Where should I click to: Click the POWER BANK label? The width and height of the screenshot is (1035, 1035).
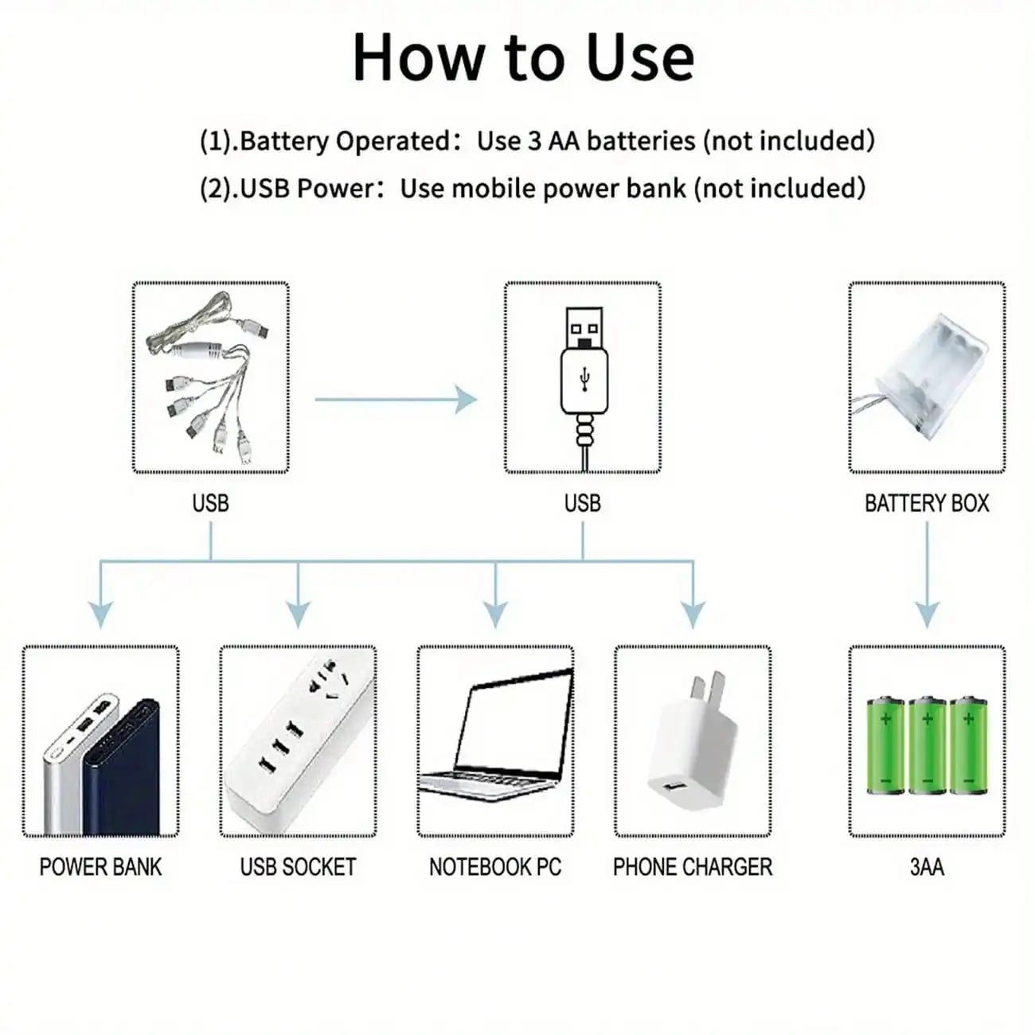[x=100, y=867]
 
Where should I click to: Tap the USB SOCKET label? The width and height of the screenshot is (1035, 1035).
[x=298, y=867]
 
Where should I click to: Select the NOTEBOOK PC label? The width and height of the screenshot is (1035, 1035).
[x=495, y=867]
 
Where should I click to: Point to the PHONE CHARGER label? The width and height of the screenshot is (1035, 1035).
[x=693, y=867]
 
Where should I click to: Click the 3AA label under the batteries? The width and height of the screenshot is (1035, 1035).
[x=927, y=867]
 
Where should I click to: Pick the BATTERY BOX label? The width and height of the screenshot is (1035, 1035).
[x=927, y=503]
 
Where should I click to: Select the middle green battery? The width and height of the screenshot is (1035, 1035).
[x=927, y=746]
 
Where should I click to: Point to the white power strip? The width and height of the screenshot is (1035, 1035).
[x=298, y=740]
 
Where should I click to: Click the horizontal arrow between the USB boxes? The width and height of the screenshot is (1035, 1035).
[x=396, y=398]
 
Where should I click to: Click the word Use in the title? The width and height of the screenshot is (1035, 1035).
[x=639, y=57]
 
